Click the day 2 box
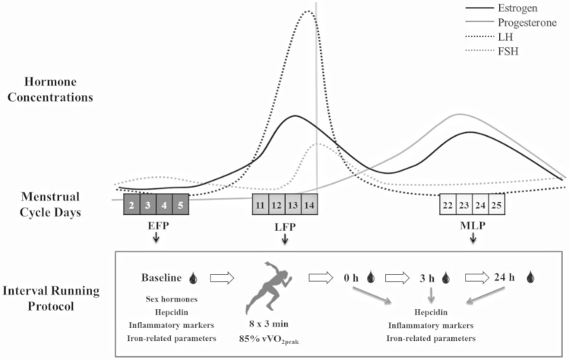coord(131,205)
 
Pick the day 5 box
coord(179,205)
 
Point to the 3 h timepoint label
coord(424,278)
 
